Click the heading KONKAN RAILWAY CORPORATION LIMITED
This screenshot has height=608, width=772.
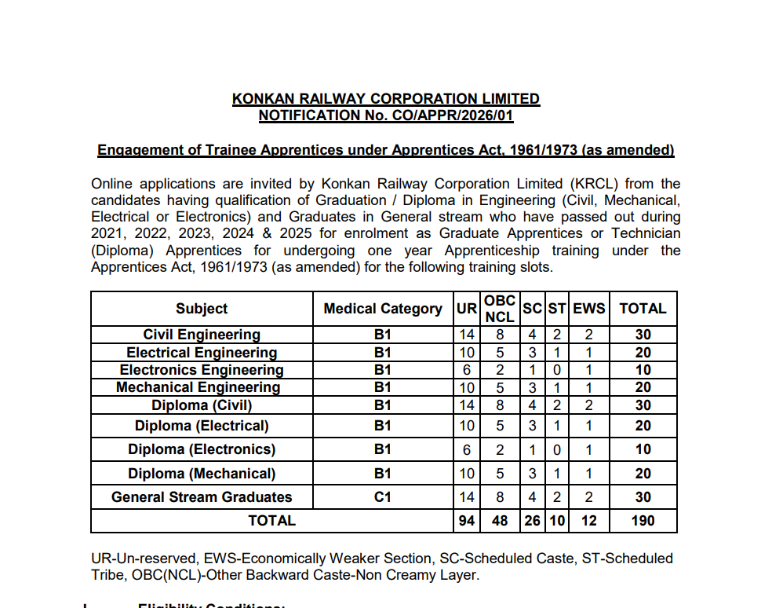pos(386,99)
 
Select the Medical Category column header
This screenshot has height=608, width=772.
pos(383,309)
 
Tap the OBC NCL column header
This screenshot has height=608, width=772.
pos(500,309)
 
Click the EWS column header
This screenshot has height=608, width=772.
pos(588,309)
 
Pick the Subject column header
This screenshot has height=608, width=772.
pos(202,309)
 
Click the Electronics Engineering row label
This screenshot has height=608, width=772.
pos(202,370)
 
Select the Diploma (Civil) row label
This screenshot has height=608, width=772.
pos(202,405)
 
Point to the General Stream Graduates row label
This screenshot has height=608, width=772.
pos(202,497)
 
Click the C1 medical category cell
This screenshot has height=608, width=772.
pos(383,497)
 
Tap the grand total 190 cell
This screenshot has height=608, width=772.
pos(643,520)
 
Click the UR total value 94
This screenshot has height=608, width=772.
pos(467,520)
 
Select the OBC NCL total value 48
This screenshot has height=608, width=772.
pos(500,520)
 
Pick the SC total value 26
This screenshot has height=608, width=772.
pos(532,520)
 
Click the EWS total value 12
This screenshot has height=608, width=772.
pos(588,520)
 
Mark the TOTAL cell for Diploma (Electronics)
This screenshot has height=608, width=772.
pos(643,449)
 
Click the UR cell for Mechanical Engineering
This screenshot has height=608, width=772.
pos(467,387)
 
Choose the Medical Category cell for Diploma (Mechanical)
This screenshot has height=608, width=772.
pos(383,474)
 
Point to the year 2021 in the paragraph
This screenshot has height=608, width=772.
pos(108,233)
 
